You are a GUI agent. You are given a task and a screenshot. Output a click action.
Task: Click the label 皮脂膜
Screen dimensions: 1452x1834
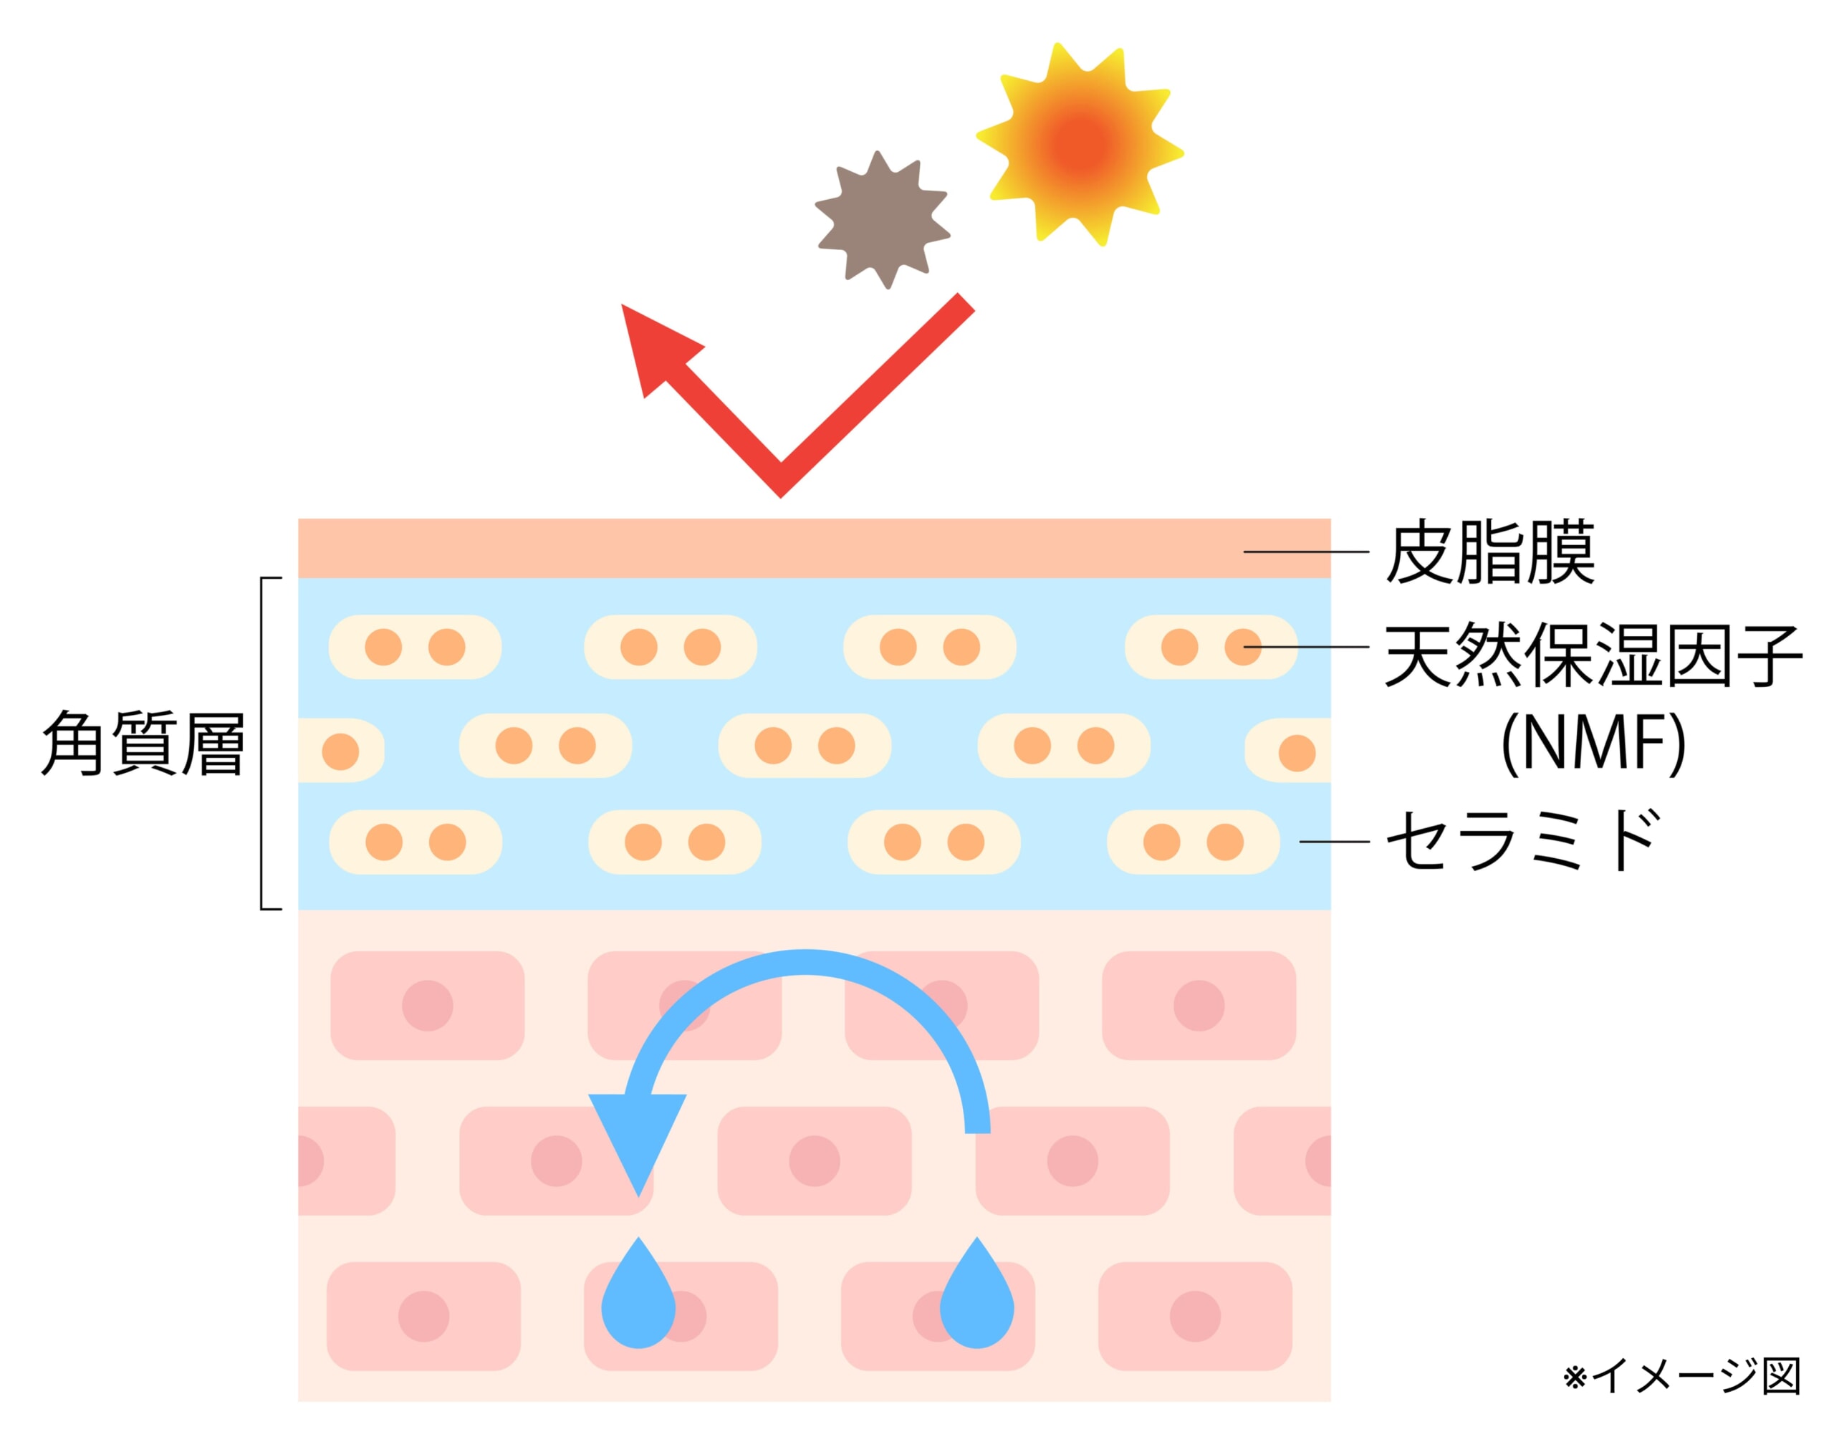coord(1489,554)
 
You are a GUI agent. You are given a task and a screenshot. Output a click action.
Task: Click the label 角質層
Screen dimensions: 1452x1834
coord(143,744)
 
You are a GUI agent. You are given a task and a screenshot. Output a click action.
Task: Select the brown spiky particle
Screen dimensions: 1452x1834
coord(882,219)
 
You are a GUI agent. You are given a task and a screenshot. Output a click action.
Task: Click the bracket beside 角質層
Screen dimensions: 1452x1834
coord(263,744)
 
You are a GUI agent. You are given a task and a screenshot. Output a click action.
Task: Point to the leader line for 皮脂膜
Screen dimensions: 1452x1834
coord(1305,552)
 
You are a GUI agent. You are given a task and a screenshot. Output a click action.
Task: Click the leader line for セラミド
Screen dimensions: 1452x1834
coord(1333,842)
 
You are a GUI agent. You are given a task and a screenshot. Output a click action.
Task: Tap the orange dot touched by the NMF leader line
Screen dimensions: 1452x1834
coord(1242,647)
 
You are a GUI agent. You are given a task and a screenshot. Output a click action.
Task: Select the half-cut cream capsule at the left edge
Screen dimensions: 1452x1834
coord(340,750)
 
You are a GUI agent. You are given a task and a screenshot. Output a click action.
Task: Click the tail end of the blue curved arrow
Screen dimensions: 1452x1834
coord(977,1126)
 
